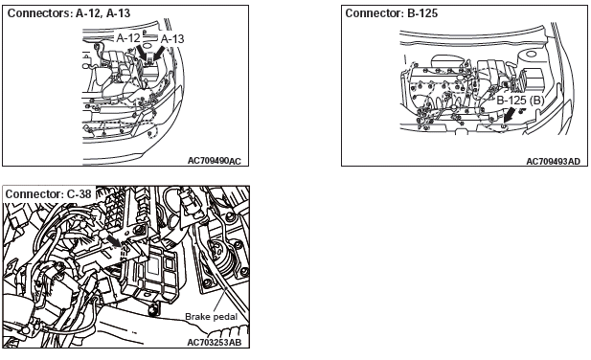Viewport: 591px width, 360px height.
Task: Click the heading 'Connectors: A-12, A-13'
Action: [69, 13]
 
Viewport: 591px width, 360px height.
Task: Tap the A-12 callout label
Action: [128, 37]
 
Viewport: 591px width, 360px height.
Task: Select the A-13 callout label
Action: [172, 39]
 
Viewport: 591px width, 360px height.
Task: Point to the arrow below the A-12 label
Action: [142, 53]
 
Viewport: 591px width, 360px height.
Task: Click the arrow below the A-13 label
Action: [159, 53]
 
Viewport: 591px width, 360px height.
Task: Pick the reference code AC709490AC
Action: [215, 161]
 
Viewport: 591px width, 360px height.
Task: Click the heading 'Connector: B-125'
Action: [391, 13]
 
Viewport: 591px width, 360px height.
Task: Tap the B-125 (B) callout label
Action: [520, 101]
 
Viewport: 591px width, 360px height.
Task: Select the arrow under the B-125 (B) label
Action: [511, 115]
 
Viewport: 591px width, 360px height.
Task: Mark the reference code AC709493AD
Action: [553, 161]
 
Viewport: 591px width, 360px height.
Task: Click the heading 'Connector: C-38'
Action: [48, 194]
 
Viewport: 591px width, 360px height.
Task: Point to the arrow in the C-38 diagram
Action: [113, 241]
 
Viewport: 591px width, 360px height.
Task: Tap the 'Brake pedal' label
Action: [211, 317]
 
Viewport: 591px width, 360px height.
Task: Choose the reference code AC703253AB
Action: [215, 343]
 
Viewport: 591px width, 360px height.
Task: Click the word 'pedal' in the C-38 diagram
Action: [226, 317]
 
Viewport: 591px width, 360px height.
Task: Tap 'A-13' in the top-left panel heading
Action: [118, 13]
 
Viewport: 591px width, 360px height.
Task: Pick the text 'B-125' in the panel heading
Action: [422, 13]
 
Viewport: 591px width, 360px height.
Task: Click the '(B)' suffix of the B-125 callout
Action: [536, 101]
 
